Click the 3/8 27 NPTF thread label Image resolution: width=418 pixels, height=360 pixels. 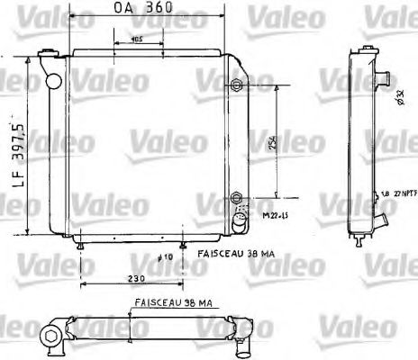coord(395,192)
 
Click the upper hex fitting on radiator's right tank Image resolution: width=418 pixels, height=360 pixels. coord(237,85)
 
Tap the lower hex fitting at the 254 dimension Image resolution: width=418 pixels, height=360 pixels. coord(237,197)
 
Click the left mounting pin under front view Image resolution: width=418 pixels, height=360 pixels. coord(82,245)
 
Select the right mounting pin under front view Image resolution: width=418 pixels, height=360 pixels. coord(184,245)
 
